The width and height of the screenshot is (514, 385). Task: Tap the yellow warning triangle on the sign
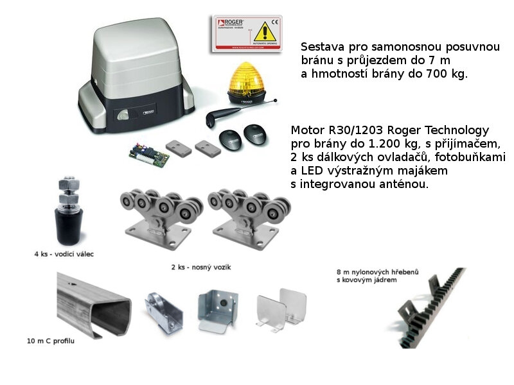tap(264, 31)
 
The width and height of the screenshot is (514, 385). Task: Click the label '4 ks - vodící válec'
tap(65, 254)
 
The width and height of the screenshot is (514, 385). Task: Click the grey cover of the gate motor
tap(138, 55)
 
